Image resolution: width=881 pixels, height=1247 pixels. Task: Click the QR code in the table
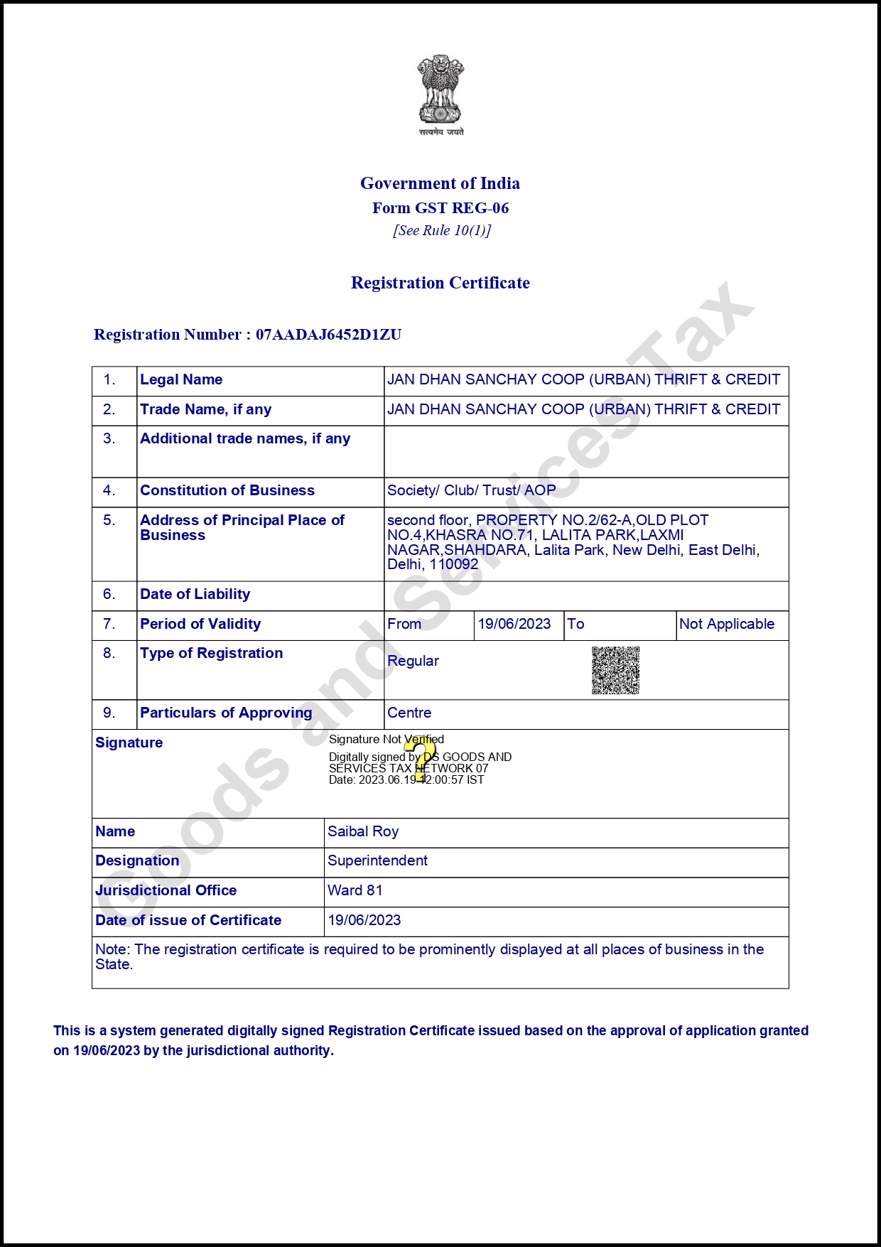coord(615,670)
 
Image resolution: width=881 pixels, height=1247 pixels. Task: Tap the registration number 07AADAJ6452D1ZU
coord(328,335)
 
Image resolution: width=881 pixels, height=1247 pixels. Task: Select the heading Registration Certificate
coord(440,283)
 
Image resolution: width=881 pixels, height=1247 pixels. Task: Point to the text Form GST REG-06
coord(440,208)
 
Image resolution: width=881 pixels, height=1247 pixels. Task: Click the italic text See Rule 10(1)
coord(441,230)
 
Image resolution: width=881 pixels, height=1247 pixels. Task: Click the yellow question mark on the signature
coord(421,759)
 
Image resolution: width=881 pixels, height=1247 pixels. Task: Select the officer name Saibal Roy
coord(363,831)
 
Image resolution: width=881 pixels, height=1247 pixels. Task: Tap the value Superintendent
coord(377,860)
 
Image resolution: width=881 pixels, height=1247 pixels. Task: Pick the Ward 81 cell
coord(355,890)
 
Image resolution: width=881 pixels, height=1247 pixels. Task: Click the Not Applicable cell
coord(726,624)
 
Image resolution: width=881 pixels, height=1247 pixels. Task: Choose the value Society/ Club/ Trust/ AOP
coord(471,490)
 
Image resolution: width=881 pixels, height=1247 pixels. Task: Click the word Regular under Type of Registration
coord(413,661)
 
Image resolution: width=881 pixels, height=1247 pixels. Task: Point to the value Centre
coord(409,713)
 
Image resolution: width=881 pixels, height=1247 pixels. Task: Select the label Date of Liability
coord(195,594)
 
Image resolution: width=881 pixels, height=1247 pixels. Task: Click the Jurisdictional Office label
coord(166,890)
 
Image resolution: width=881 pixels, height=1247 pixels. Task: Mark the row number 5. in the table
coord(109,520)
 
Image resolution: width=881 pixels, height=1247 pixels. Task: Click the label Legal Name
coord(181,379)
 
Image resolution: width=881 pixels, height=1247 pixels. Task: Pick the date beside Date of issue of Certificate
coord(364,920)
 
